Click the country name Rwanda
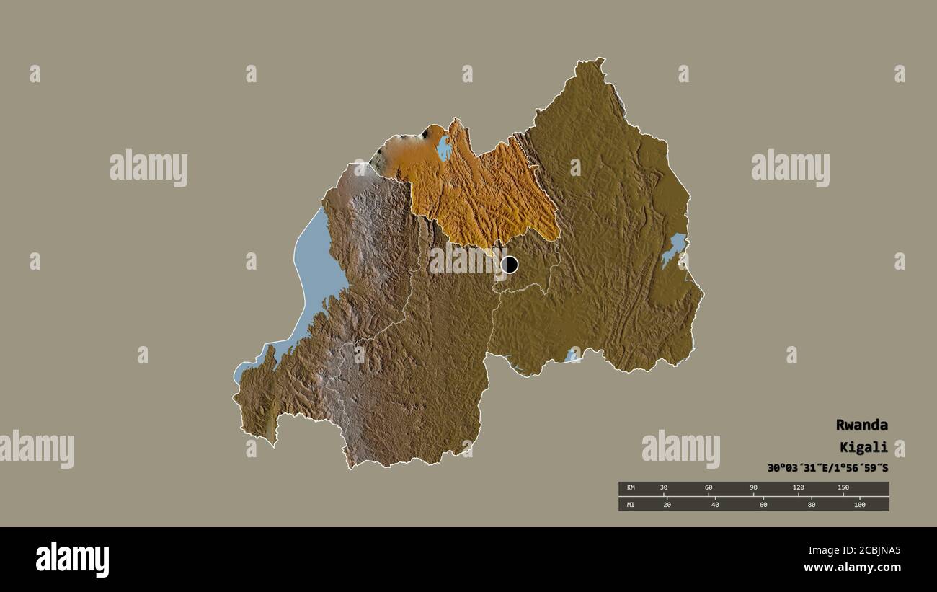pyautogui.click(x=861, y=425)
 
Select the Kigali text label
pyautogui.click(x=863, y=447)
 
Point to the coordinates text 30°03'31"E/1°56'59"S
pyautogui.click(x=827, y=468)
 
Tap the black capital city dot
pyautogui.click(x=510, y=265)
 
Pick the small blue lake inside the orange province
pyautogui.click(x=444, y=149)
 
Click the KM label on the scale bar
pyautogui.click(x=631, y=488)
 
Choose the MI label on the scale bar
pyautogui.click(x=631, y=504)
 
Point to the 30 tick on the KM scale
pyautogui.click(x=664, y=488)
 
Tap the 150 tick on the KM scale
pyautogui.click(x=843, y=488)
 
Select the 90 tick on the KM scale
pyautogui.click(x=753, y=488)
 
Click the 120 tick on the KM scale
pyautogui.click(x=798, y=488)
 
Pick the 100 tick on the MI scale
pyautogui.click(x=859, y=504)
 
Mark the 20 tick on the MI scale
pyautogui.click(x=667, y=504)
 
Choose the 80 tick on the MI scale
pyautogui.click(x=811, y=504)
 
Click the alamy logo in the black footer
pyautogui.click(x=72, y=559)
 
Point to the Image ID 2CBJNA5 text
pyautogui.click(x=852, y=551)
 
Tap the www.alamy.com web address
pyautogui.click(x=852, y=568)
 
